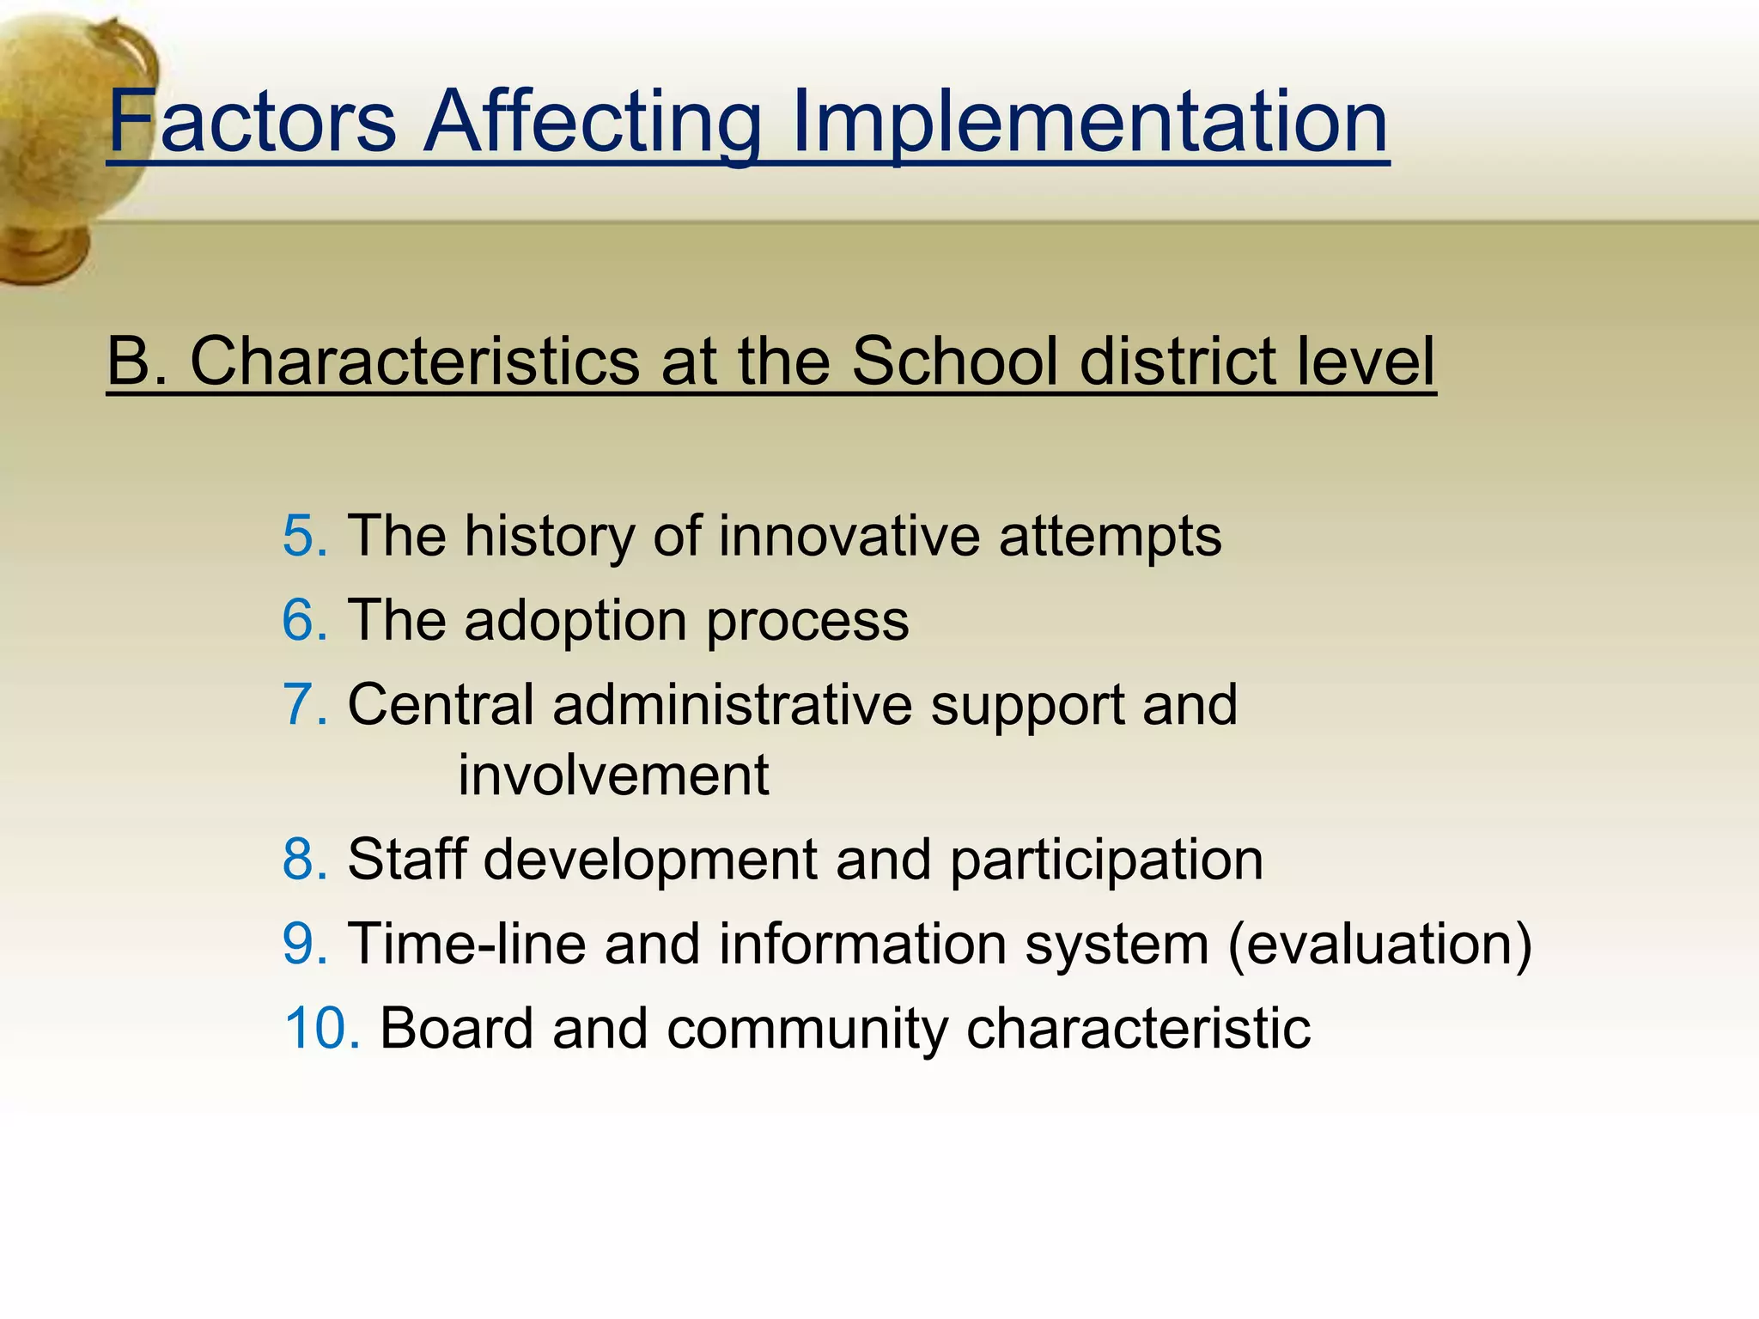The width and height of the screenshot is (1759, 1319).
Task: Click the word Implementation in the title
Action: (x=1088, y=122)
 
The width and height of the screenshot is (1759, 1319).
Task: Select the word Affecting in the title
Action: (x=593, y=122)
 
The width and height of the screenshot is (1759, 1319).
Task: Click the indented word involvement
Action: (x=613, y=775)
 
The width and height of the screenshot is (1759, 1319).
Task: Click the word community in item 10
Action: (x=806, y=1028)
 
